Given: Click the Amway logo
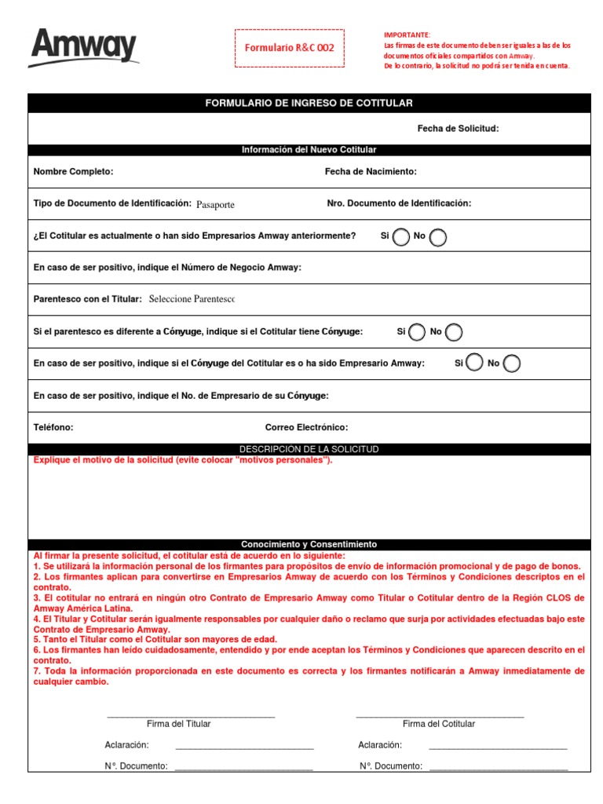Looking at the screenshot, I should (83, 48).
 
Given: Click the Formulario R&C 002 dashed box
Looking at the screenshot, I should (289, 48).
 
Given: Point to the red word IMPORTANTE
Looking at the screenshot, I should (407, 35).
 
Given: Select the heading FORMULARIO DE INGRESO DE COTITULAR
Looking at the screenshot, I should (309, 103).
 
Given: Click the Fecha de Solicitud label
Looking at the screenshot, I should (458, 129).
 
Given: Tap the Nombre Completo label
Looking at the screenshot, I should (73, 171).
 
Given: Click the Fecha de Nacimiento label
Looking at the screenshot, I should (371, 171).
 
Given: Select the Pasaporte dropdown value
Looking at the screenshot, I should (215, 204).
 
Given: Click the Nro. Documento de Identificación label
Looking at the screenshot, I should (399, 203).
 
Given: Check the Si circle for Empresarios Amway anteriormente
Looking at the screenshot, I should (400, 236).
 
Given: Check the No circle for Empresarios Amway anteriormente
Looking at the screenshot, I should (438, 236).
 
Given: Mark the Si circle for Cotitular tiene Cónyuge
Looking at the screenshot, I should (417, 332).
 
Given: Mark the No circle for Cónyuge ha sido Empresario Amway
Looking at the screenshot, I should (511, 363).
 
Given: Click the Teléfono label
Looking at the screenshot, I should (53, 427).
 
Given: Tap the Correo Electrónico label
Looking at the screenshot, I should (306, 427).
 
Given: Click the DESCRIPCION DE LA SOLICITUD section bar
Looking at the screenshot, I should (309, 449).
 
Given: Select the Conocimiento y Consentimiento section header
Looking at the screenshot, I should (309, 544).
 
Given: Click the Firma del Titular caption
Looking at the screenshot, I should (178, 724).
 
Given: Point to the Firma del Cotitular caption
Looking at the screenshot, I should (438, 724).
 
